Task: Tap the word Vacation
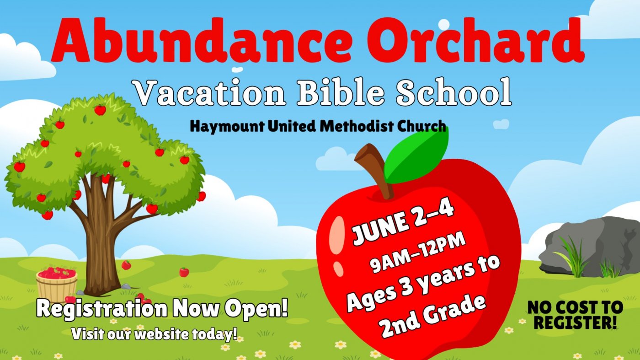coord(210,93)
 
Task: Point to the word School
coord(453,92)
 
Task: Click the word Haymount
coord(227,126)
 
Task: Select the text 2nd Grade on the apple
coord(433,316)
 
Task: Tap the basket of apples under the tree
coord(57,284)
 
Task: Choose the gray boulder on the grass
coord(592,247)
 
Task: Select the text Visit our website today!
coord(155,333)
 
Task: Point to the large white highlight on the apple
coord(337,235)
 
